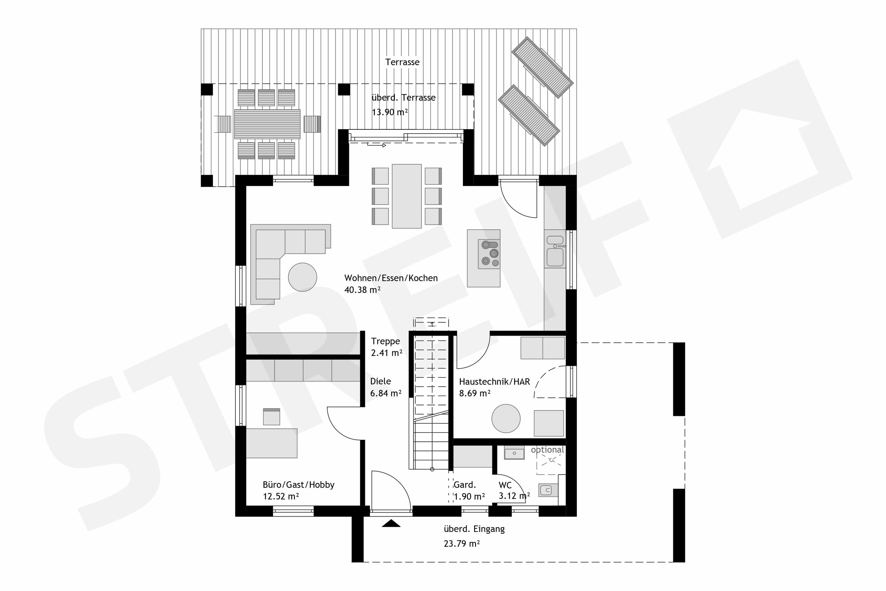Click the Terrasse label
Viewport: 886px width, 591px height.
[402, 62]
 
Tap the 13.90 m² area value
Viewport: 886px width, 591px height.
[390, 112]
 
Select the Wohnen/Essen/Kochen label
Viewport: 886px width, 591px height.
[391, 278]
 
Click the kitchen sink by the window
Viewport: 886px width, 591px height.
[555, 251]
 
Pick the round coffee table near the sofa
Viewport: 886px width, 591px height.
[302, 277]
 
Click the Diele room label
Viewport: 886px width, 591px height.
[380, 381]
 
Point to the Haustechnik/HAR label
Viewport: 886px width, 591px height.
[494, 382]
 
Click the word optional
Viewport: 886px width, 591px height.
[547, 450]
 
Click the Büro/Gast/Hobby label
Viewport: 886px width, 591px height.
[298, 485]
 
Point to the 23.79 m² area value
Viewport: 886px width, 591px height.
[462, 544]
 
